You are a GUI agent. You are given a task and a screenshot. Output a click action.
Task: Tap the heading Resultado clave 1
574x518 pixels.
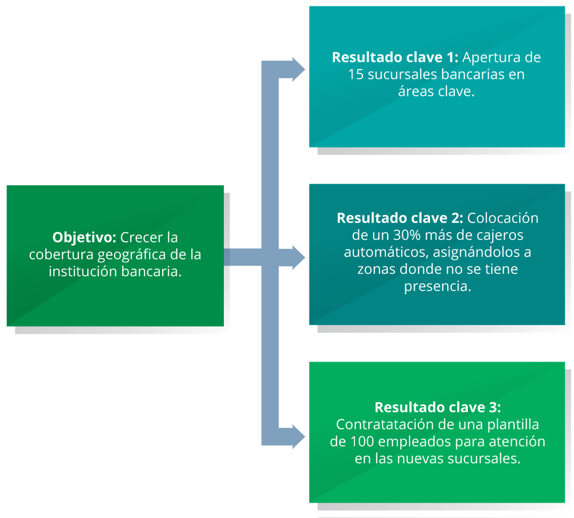pyautogui.click(x=394, y=57)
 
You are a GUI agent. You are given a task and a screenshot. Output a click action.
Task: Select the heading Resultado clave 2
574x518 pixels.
pyautogui.click(x=399, y=218)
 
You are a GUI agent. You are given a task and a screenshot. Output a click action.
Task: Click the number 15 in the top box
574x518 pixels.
pyautogui.click(x=356, y=75)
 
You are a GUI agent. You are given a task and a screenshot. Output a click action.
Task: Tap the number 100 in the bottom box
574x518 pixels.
pyautogui.click(x=362, y=441)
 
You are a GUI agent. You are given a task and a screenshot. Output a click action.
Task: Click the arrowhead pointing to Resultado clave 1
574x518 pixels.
pyautogui.click(x=298, y=69)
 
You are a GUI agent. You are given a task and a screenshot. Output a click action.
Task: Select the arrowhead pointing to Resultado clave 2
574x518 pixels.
pyautogui.click(x=298, y=257)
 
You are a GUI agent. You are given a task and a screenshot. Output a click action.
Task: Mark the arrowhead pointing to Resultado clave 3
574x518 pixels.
pyautogui.click(x=298, y=437)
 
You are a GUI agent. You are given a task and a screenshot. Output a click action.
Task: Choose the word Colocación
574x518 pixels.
pyautogui.click(x=502, y=218)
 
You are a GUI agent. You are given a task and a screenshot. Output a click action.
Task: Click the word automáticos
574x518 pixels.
pyautogui.click(x=386, y=252)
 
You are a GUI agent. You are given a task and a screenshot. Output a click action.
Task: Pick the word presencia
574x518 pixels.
pyautogui.click(x=438, y=287)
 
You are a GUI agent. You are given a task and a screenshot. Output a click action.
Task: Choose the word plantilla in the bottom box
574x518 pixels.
pyautogui.click(x=513, y=425)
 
